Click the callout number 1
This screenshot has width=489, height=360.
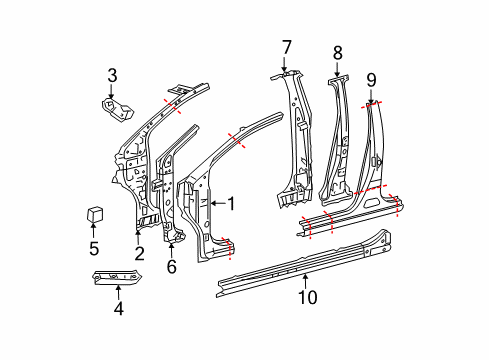click(x=231, y=203)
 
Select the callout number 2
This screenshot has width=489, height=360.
click(x=140, y=253)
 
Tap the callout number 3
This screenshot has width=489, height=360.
click(x=112, y=75)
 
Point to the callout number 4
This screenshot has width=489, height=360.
click(x=119, y=308)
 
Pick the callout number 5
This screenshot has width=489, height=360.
click(x=94, y=248)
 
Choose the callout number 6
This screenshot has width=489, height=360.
click(x=171, y=266)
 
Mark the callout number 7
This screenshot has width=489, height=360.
click(x=286, y=47)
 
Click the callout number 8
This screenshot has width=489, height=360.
click(x=338, y=53)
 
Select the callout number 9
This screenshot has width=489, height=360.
click(x=371, y=80)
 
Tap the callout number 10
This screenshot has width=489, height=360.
click(x=307, y=297)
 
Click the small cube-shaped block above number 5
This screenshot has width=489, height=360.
click(x=95, y=214)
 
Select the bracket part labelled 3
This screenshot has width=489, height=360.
click(x=117, y=109)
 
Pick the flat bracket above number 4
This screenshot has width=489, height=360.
click(x=117, y=278)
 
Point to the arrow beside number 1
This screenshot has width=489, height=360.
click(x=217, y=203)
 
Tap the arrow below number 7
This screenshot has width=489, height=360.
click(x=284, y=64)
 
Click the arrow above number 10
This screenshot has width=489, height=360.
click(x=306, y=281)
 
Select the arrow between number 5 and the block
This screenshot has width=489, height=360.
click(x=93, y=230)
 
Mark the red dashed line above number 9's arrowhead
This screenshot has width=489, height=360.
click(x=371, y=105)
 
